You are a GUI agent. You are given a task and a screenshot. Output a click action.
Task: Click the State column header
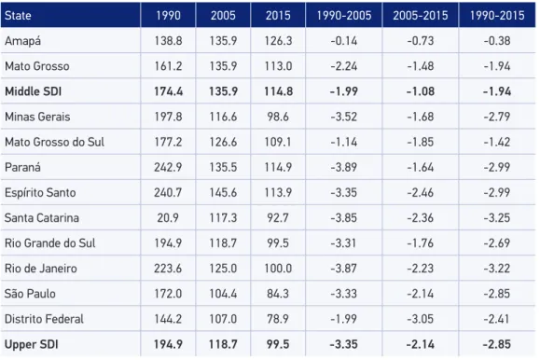click(x=18, y=16)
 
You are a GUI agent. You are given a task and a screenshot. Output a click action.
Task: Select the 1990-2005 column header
click(x=344, y=16)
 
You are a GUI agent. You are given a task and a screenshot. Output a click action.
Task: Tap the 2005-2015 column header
click(x=420, y=16)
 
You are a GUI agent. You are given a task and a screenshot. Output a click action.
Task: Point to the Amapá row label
click(x=22, y=41)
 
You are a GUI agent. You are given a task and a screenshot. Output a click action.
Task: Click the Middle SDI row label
click(x=33, y=91)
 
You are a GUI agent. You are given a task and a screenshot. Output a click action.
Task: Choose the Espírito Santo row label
click(x=40, y=192)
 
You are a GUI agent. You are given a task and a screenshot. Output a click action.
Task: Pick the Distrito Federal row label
click(x=44, y=319)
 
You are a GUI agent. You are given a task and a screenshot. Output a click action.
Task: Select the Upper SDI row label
click(x=32, y=344)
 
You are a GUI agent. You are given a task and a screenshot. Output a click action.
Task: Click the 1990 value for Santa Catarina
click(x=168, y=217)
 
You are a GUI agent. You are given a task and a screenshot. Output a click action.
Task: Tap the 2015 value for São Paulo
click(x=278, y=294)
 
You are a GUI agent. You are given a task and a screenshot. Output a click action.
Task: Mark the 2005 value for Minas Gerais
click(x=223, y=117)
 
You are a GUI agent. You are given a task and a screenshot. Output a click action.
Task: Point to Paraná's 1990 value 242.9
click(x=168, y=167)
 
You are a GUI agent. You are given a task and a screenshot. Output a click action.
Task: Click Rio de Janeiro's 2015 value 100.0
click(x=278, y=269)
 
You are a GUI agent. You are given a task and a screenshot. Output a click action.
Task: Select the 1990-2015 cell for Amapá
click(x=497, y=41)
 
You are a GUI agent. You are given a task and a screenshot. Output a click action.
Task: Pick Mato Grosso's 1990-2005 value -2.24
click(x=344, y=66)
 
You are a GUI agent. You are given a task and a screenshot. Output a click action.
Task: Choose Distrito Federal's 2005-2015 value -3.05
click(x=420, y=319)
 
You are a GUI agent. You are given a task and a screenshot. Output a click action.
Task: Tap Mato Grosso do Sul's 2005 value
click(x=223, y=142)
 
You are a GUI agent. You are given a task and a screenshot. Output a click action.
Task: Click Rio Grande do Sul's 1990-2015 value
click(x=497, y=243)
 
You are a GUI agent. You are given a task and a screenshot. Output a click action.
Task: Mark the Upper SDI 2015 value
click(x=278, y=344)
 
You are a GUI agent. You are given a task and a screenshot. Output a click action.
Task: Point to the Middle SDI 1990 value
click(x=168, y=91)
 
